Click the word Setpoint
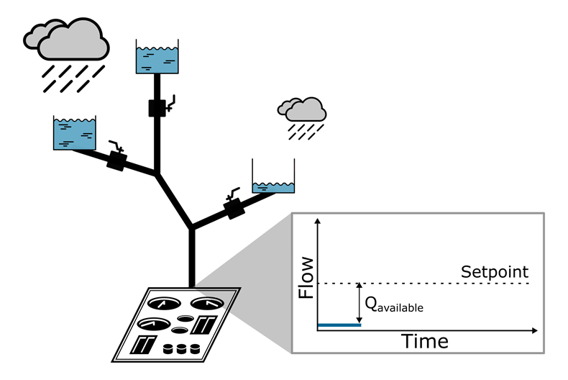[x=494, y=272]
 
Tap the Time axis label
[x=424, y=341]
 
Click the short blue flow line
[x=339, y=325]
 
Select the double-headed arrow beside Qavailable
[x=359, y=304]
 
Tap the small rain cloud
[x=303, y=109]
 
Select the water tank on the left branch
[x=74, y=132]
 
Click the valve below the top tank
[x=157, y=108]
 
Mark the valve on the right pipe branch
[x=234, y=209]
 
